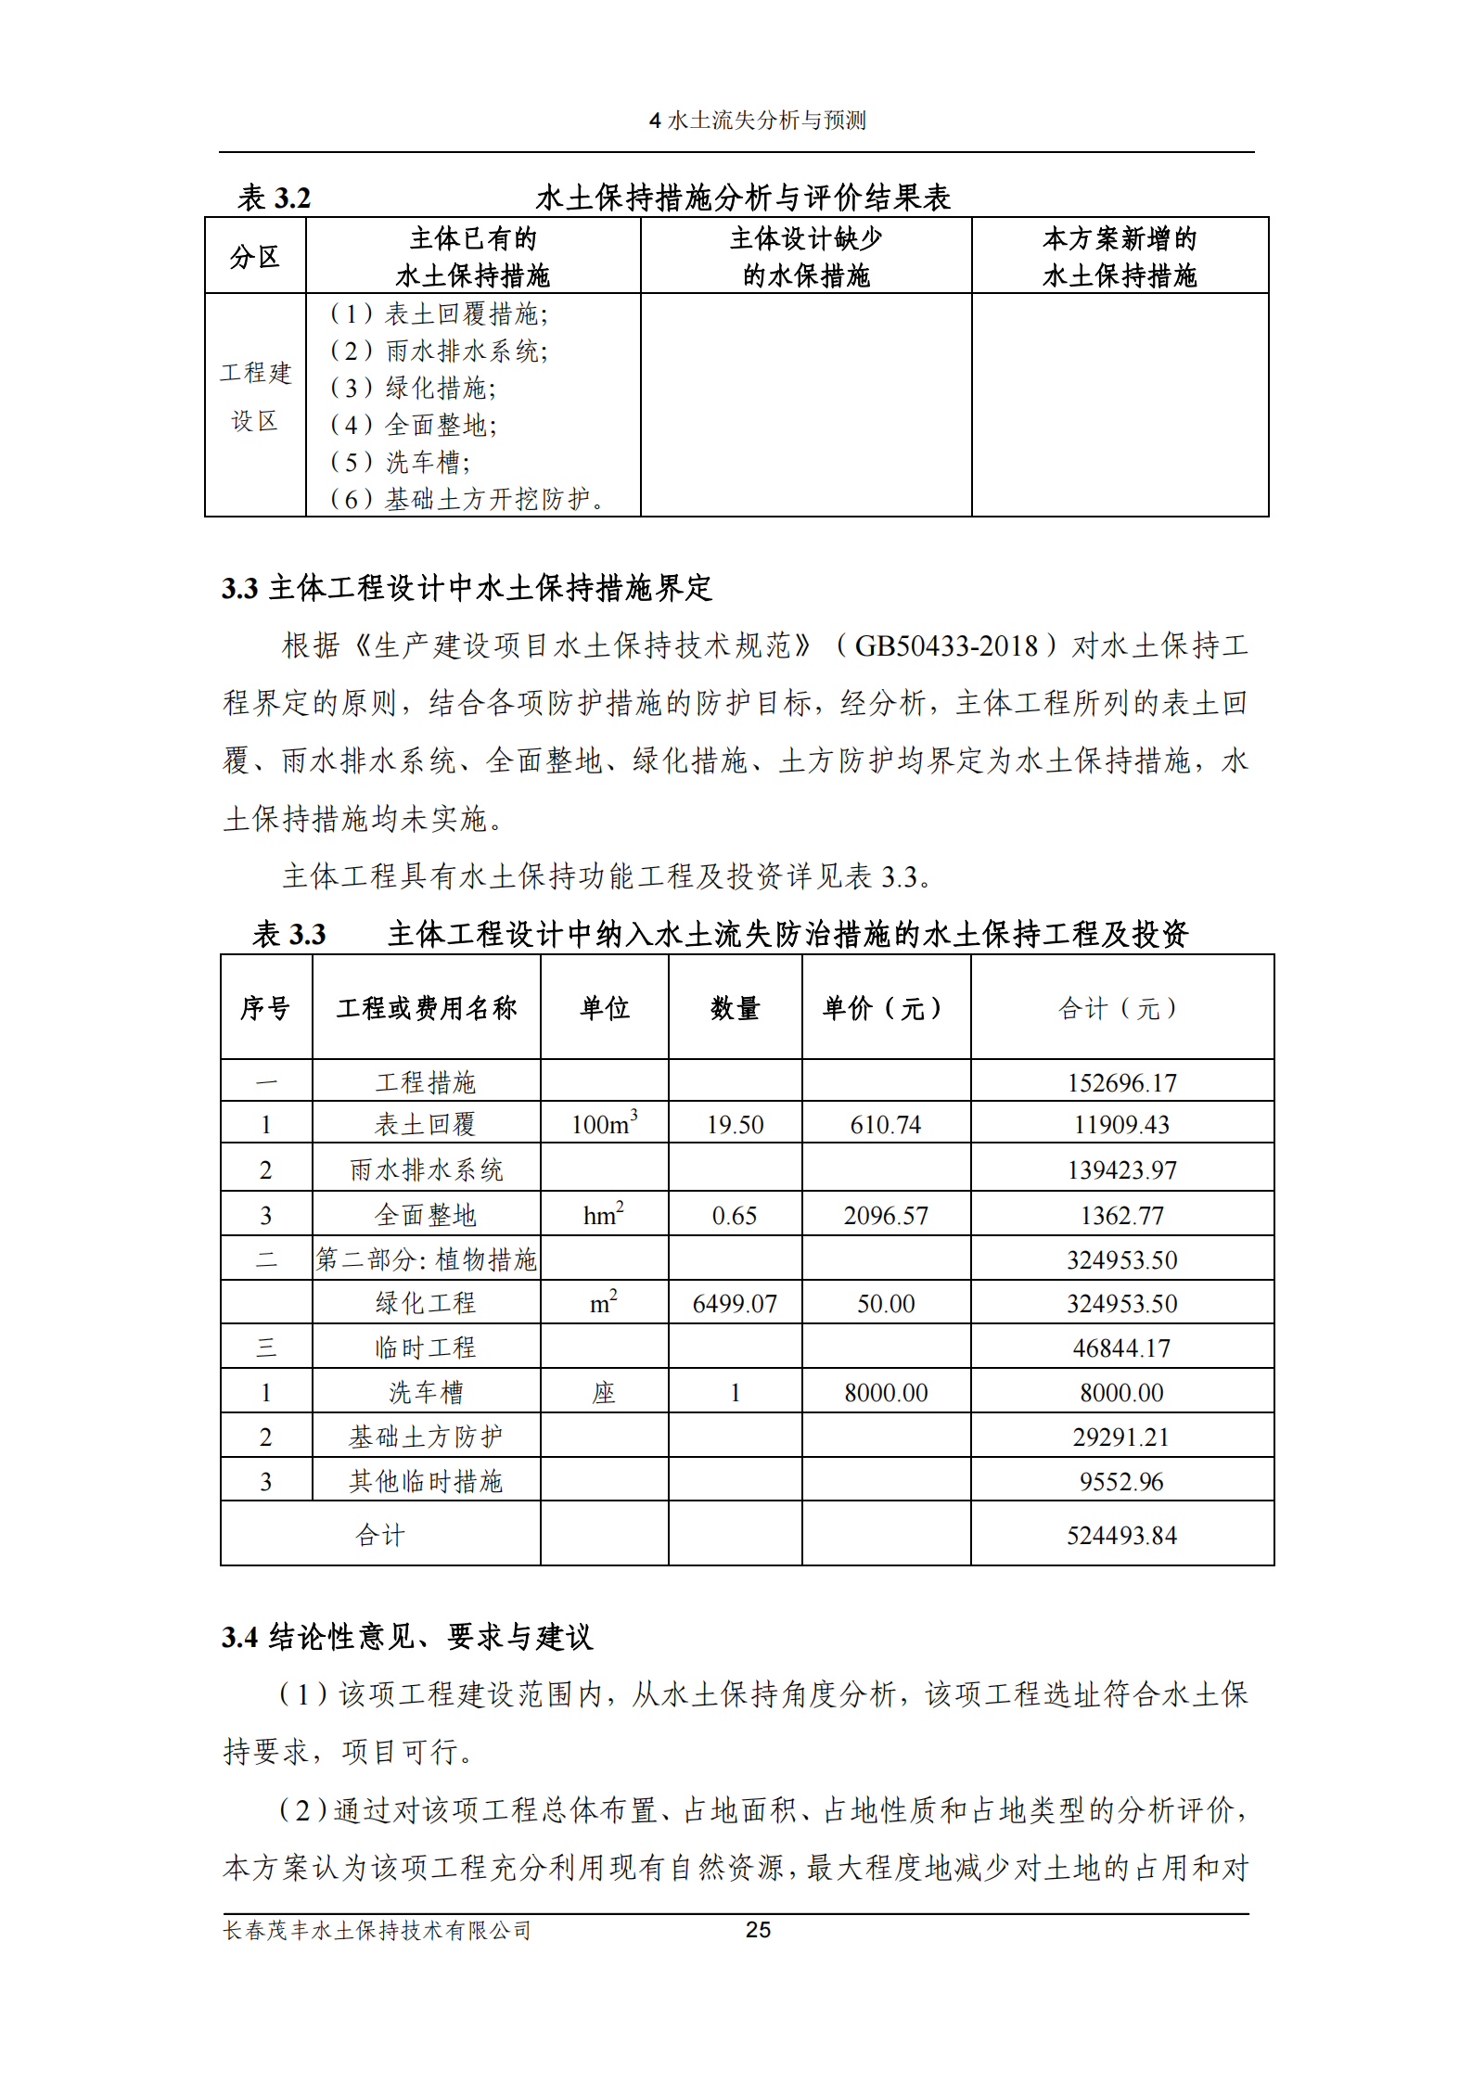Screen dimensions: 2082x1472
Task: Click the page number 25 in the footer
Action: coord(758,1930)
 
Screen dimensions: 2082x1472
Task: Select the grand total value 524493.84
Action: coord(1121,1536)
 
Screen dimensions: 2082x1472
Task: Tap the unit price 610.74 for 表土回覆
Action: coord(885,1125)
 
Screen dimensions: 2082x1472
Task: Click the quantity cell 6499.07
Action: coord(735,1304)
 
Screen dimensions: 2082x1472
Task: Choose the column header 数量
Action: coord(735,1008)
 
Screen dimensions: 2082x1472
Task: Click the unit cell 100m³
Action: coord(604,1124)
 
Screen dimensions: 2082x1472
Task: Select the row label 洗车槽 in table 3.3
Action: coord(426,1392)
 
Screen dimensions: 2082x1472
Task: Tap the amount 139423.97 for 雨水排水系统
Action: coord(1121,1170)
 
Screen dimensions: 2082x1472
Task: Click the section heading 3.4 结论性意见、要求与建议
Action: coord(407,1637)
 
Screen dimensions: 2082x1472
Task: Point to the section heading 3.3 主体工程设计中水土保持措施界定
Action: coord(467,588)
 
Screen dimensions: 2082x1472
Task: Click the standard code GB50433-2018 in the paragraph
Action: coord(945,645)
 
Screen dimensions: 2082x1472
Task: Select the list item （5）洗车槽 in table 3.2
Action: coord(400,462)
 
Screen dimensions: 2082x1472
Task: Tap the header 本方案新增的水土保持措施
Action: coord(1120,257)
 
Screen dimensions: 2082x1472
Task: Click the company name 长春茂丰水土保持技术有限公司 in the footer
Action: coord(378,1930)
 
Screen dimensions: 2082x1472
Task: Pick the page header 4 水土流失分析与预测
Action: coord(757,121)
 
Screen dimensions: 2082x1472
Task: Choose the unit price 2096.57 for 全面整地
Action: coord(885,1216)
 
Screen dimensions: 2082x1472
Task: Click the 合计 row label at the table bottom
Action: coord(380,1536)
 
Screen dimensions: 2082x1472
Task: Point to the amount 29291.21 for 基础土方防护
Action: coord(1121,1437)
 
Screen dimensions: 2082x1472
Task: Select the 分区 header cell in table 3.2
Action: coord(255,257)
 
